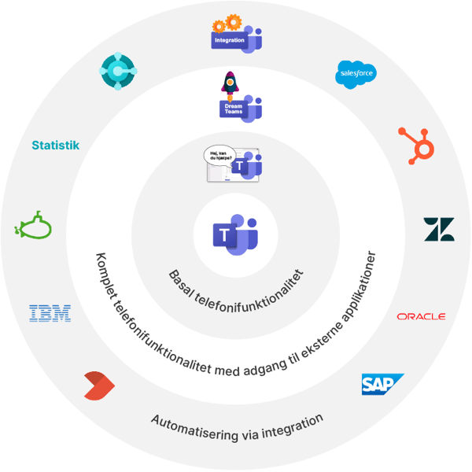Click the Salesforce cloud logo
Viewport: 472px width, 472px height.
coord(356,74)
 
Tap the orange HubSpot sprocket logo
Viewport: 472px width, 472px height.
coord(414,146)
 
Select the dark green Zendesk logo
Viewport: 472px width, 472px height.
coord(439,229)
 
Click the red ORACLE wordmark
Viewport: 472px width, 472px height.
coord(421,316)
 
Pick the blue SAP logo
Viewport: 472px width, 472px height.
coord(381,384)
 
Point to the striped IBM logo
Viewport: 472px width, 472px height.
coord(50,314)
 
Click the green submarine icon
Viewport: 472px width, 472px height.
coord(34,228)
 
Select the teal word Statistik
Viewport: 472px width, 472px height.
coord(55,146)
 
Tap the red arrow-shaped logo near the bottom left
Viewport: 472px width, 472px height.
coord(99,385)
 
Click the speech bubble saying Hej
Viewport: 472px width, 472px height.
coord(219,155)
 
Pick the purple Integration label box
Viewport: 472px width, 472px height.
coord(227,39)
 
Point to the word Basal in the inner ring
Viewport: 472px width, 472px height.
coord(183,278)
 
